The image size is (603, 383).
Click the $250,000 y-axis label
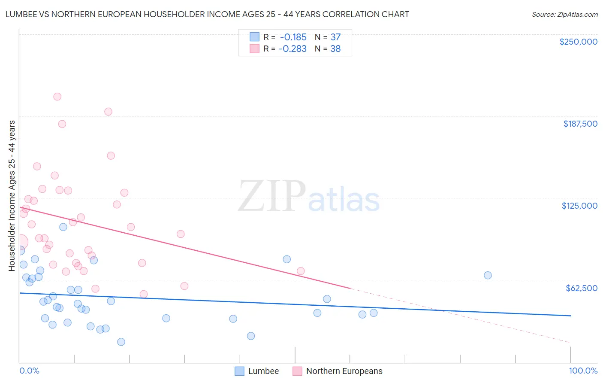[578, 42]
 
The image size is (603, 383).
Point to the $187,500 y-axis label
[580, 124]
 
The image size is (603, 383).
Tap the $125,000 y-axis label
[579, 206]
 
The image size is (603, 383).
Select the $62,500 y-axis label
[582, 288]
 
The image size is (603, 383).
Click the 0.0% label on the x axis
[29, 371]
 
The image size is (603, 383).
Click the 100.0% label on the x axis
[583, 371]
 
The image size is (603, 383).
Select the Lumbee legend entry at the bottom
[257, 371]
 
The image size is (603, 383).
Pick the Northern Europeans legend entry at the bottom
[338, 371]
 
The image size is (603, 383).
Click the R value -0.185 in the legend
[293, 37]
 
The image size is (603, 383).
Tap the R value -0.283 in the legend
[292, 49]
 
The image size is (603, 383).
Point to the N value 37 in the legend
[335, 37]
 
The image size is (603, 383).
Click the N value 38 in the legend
[335, 49]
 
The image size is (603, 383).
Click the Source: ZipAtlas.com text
[564, 15]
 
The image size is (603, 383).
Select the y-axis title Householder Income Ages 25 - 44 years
[12, 195]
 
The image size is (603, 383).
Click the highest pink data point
[57, 97]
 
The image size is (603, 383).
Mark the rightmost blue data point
[488, 275]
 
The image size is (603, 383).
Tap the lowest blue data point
[121, 342]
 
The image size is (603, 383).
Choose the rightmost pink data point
[301, 271]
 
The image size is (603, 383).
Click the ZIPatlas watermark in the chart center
[309, 197]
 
